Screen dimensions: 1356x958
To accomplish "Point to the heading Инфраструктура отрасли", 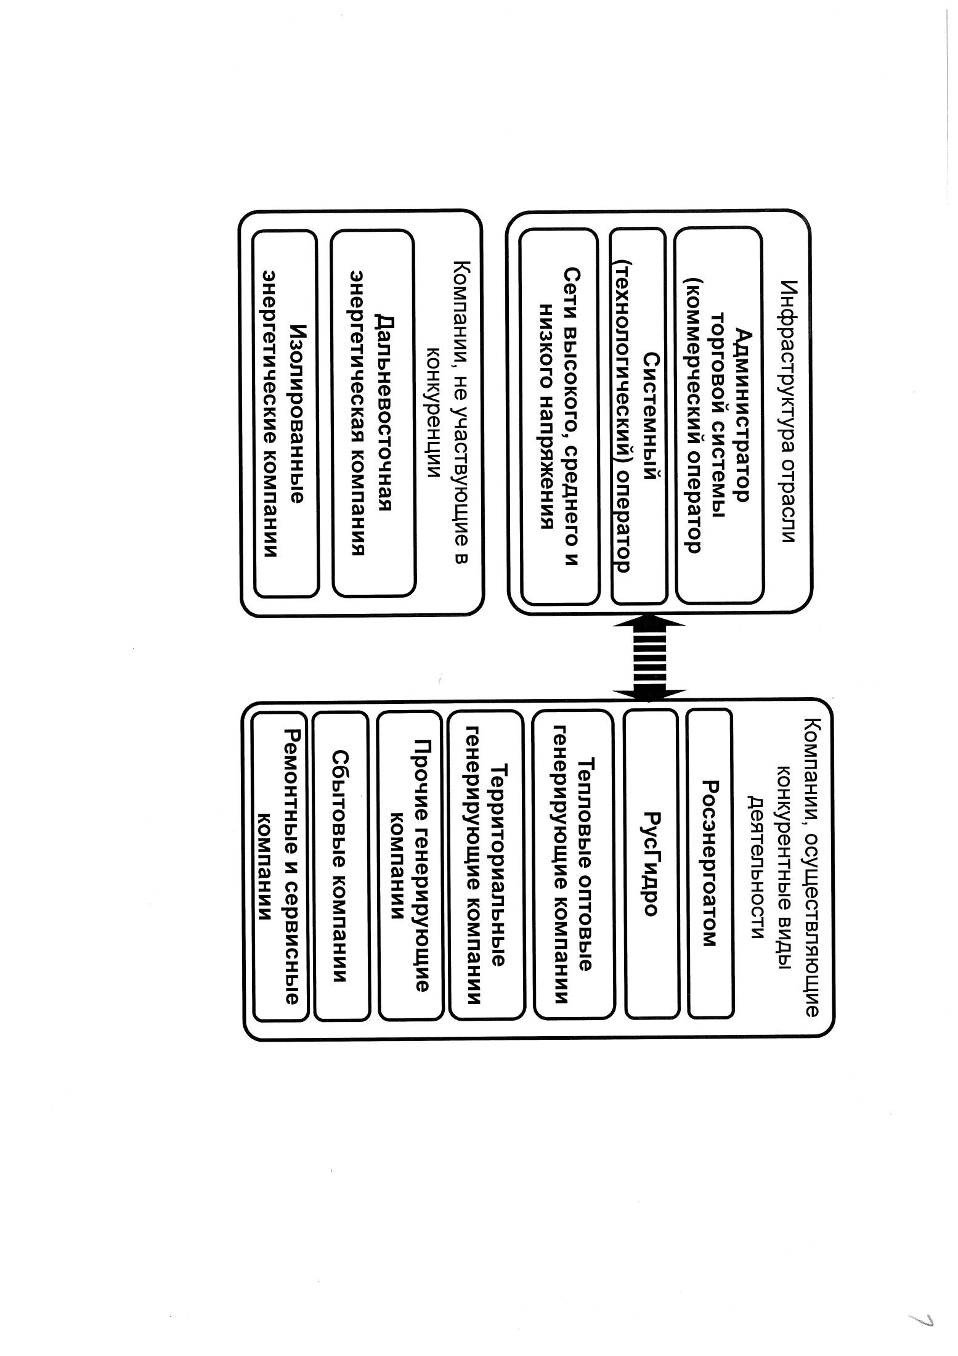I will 789,412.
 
